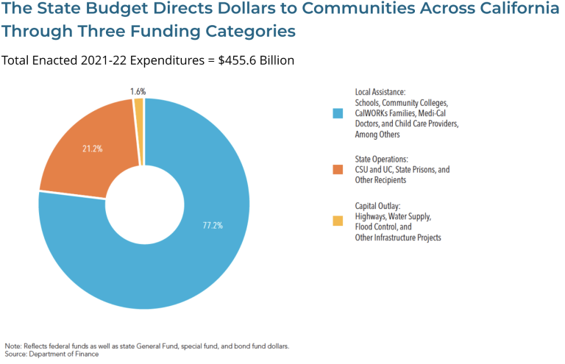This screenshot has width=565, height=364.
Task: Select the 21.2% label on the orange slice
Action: pyautogui.click(x=92, y=149)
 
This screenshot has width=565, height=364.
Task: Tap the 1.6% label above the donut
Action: pyautogui.click(x=138, y=92)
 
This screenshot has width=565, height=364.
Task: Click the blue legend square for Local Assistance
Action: pyautogui.click(x=338, y=114)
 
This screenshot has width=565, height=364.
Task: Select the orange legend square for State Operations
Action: pyautogui.click(x=338, y=170)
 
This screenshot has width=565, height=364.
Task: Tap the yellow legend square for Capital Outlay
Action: pyautogui.click(x=338, y=221)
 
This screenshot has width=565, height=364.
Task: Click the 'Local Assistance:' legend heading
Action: pyautogui.click(x=380, y=92)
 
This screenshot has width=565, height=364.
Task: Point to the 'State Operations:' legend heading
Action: pyautogui.click(x=382, y=158)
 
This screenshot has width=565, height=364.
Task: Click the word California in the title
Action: pyautogui.click(x=506, y=12)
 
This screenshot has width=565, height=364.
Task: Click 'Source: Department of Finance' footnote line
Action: pyautogui.click(x=51, y=354)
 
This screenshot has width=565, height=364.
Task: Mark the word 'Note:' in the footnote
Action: pyautogui.click(x=13, y=346)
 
